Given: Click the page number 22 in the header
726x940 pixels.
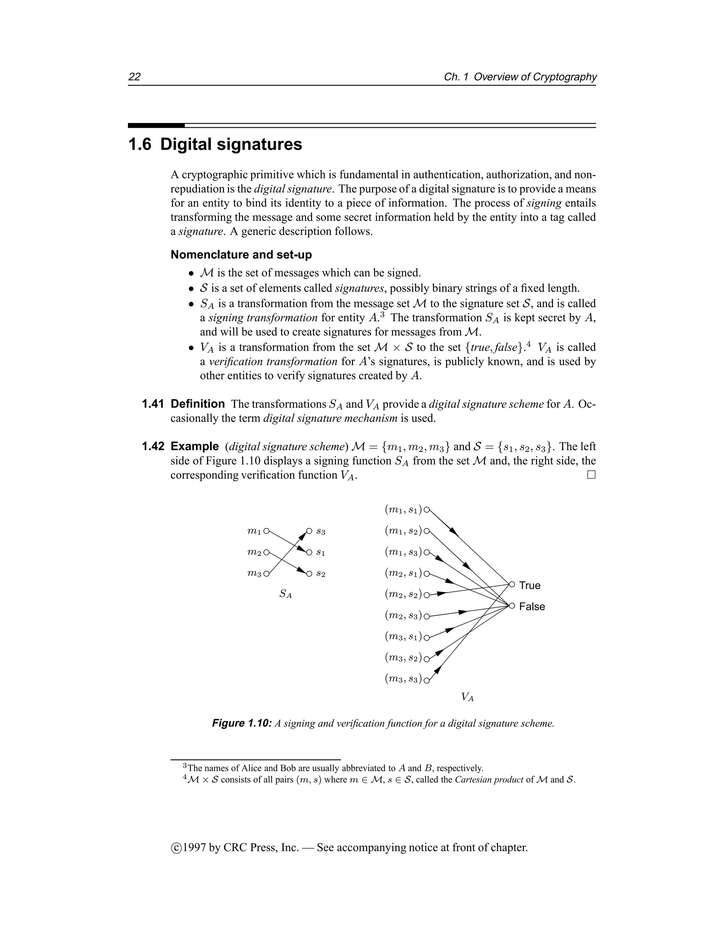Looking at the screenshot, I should coord(134,77).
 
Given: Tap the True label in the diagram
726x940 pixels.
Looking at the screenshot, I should coord(530,585).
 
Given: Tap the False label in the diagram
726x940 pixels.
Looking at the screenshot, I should coord(532,607).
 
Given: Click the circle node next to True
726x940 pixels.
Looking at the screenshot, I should coord(512,585).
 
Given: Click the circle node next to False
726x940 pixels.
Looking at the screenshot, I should coord(512,606).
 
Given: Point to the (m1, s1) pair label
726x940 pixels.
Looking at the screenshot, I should coord(403,510).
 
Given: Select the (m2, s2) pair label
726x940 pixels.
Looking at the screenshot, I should coord(403,595).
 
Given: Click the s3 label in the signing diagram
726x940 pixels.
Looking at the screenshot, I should coord(321,532).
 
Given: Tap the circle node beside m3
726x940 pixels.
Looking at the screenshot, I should coord(266,574).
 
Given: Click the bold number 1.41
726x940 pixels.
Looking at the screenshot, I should coord(153,404).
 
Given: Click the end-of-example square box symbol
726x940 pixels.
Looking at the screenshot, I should coord(591,475).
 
